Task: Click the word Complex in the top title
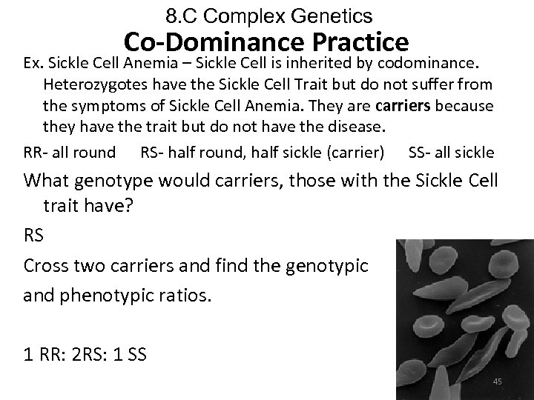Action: [x=248, y=16]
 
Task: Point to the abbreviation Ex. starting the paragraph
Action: [x=34, y=60]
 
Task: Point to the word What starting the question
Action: [x=47, y=180]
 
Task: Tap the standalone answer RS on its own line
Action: [x=34, y=236]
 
